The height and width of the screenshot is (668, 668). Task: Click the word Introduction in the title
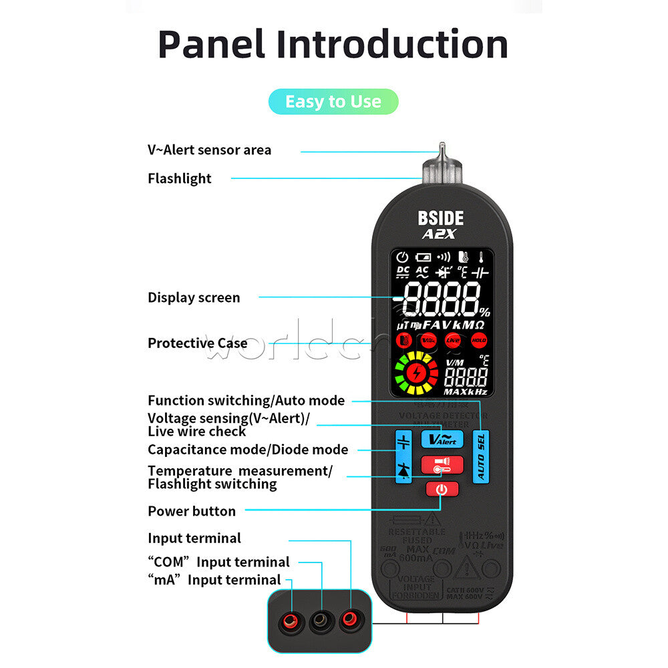pos(392,45)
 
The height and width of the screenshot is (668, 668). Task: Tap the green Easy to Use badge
pos(333,102)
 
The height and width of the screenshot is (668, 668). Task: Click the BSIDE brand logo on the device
pos(440,218)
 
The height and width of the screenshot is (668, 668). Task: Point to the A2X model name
pos(438,234)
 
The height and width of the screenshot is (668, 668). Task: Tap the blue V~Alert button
pos(442,439)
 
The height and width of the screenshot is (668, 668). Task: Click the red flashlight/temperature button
pos(442,464)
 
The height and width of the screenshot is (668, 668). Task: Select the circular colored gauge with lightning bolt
pos(415,373)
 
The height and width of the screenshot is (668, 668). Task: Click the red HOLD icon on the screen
pos(478,340)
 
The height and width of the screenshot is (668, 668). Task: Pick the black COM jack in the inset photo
pos(319,623)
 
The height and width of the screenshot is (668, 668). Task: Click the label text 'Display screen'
pos(194,298)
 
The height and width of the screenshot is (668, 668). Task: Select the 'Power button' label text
pos(192,511)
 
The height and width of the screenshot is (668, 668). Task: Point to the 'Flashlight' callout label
pos(179,178)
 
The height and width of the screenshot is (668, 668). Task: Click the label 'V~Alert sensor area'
pos(209,150)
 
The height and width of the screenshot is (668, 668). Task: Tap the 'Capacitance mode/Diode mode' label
pos(248,450)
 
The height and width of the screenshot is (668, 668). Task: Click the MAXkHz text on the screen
pos(466,391)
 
